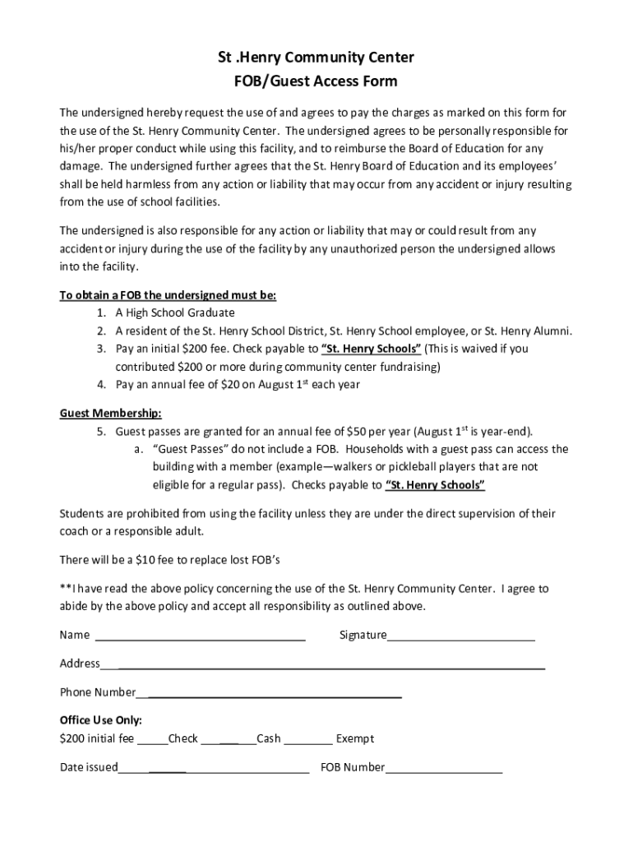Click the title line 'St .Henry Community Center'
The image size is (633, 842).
coord(316,58)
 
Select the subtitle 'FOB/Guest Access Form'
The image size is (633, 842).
coord(316,81)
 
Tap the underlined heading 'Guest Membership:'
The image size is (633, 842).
coord(110,413)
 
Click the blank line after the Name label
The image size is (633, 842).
coord(201,636)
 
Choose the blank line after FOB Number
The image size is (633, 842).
coord(444,768)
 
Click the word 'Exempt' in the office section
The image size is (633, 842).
coord(355,738)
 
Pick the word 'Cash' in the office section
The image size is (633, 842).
coord(269,738)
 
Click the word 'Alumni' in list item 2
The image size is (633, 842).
coord(552,331)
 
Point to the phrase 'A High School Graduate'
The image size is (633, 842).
coord(175,313)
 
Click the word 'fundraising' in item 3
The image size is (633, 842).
coord(409,367)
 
